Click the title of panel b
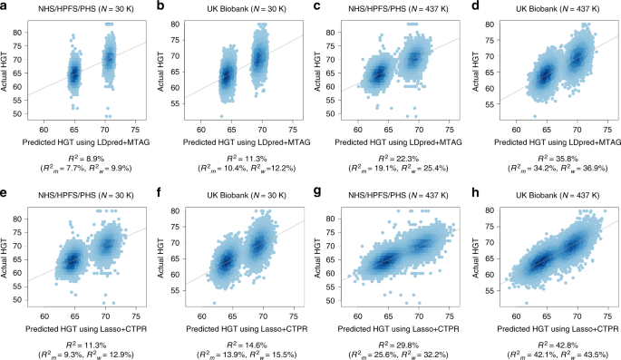click(240, 7)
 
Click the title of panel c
click(396, 7)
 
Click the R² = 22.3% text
click(396, 156)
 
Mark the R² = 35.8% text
click(553, 156)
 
